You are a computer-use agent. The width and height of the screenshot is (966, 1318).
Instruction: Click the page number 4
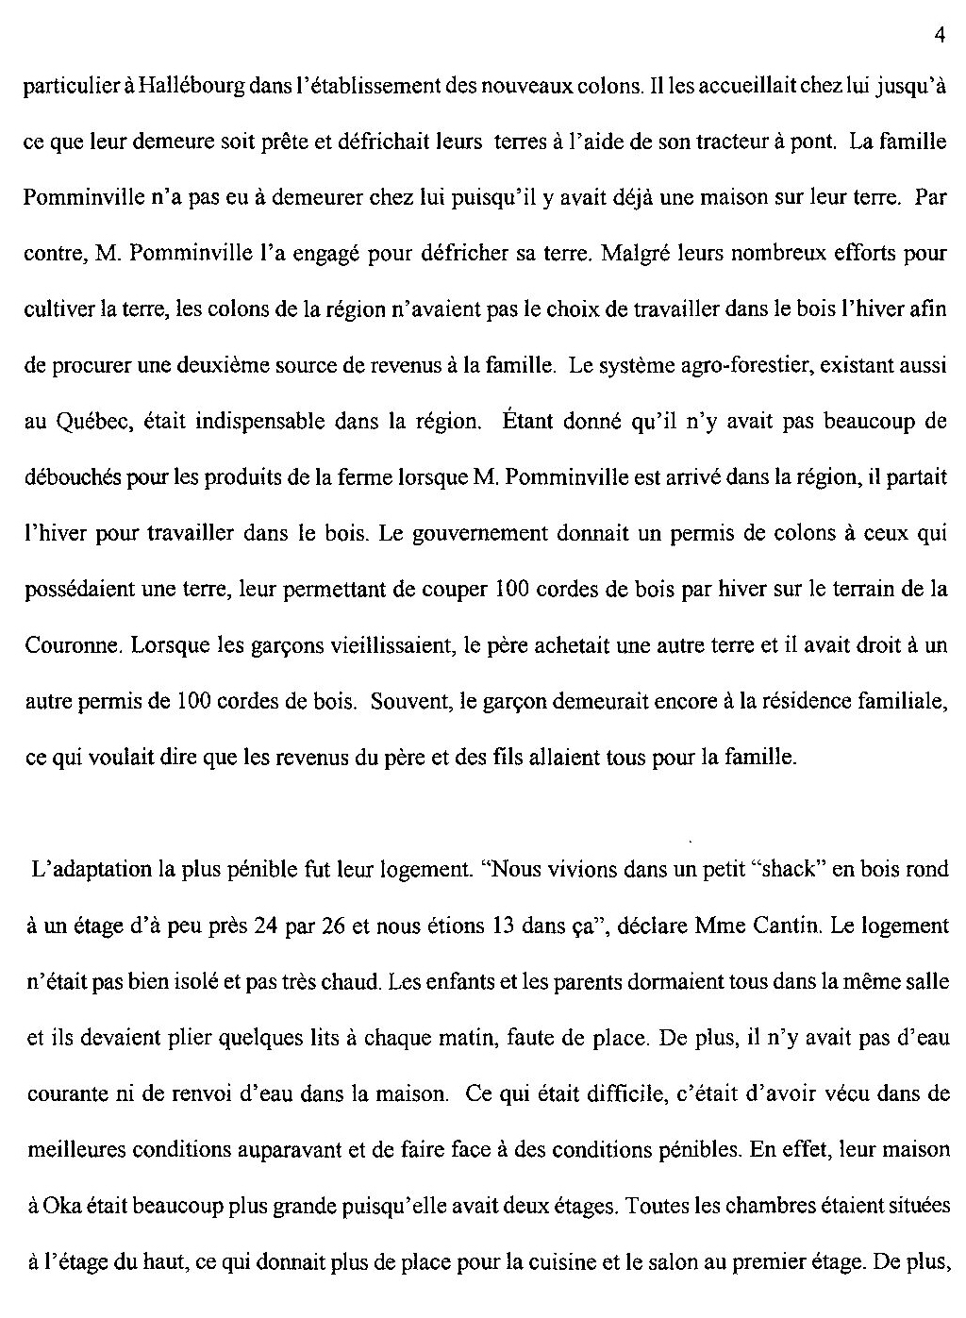click(x=940, y=36)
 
